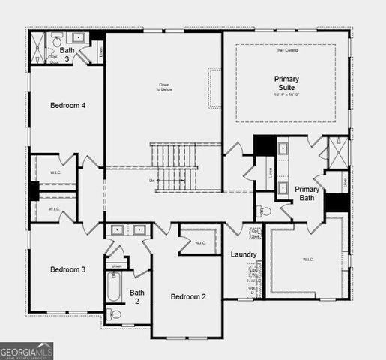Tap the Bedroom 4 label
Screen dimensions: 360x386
coord(67,105)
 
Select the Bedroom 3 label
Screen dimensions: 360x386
coord(67,269)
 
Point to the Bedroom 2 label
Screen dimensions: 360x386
coord(188,297)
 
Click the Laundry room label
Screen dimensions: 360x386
coord(244,254)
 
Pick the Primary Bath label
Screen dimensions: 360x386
coord(307,193)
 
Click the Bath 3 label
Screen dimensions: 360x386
coord(67,55)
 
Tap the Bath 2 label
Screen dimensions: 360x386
coord(136,297)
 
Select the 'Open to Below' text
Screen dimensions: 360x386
coord(164,86)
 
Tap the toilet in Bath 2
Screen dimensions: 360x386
coord(112,314)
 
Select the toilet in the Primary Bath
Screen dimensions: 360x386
coord(263,211)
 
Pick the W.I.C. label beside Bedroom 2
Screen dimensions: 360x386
coord(200,242)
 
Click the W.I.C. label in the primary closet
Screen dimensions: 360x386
coord(308,260)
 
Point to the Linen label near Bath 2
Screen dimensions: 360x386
coord(116,265)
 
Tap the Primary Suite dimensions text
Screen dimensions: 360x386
coord(286,94)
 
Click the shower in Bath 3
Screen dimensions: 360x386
coord(37,49)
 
